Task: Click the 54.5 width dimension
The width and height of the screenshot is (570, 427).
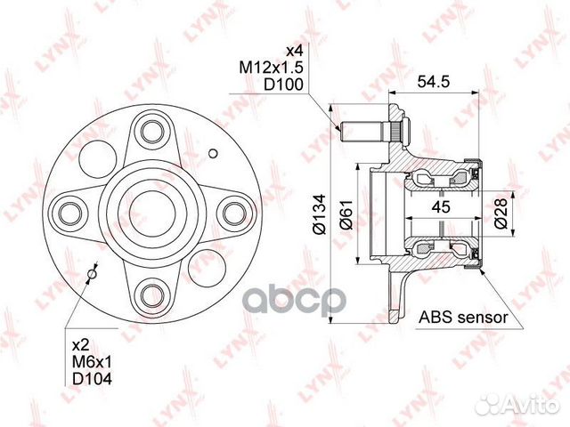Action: [434, 81]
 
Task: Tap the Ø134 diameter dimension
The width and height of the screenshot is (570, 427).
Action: [320, 213]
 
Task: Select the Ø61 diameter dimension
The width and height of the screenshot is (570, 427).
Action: [346, 214]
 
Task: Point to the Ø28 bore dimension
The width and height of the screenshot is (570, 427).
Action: [501, 213]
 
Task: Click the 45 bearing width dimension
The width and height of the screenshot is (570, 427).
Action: [441, 207]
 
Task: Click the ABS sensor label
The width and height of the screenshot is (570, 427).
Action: [463, 318]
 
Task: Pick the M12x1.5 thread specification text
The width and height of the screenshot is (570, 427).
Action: [271, 68]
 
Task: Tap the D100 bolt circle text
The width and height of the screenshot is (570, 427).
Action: [283, 85]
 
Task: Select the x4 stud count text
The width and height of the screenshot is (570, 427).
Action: [294, 51]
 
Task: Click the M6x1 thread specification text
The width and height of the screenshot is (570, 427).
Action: [93, 362]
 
